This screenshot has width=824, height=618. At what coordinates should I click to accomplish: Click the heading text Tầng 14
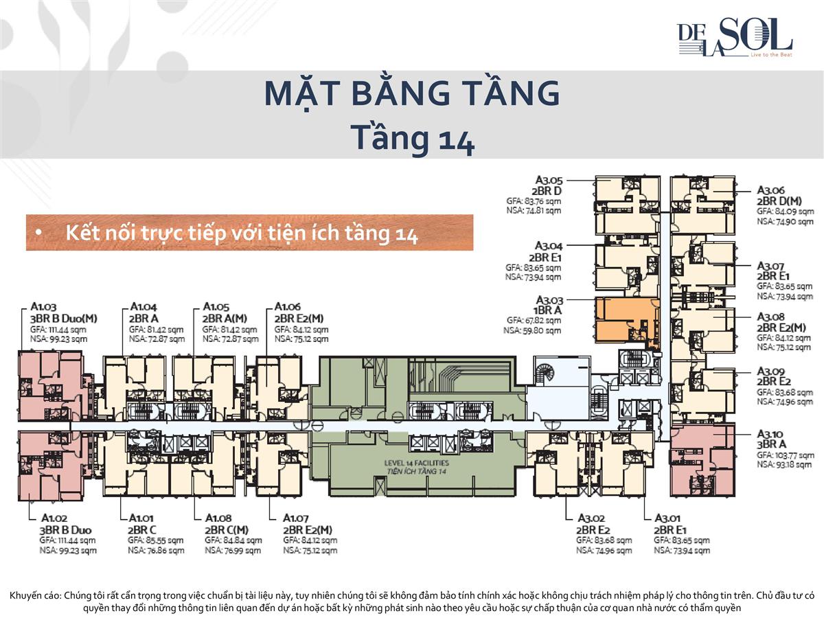coord(412,137)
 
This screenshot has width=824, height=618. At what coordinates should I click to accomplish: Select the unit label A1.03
coord(45,307)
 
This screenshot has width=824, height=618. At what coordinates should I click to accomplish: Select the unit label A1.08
coord(218,518)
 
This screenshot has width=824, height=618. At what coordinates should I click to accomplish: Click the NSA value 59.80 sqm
coord(532,330)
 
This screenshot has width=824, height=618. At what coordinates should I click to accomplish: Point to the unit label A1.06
coord(287,307)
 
